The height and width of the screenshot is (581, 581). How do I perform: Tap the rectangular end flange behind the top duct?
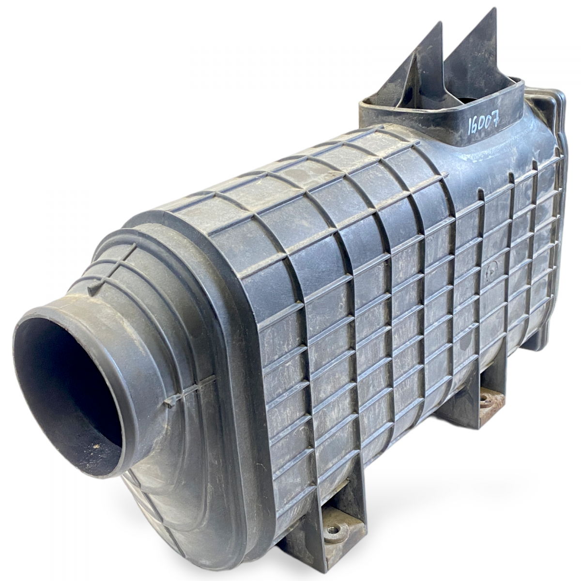pos(557,121)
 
